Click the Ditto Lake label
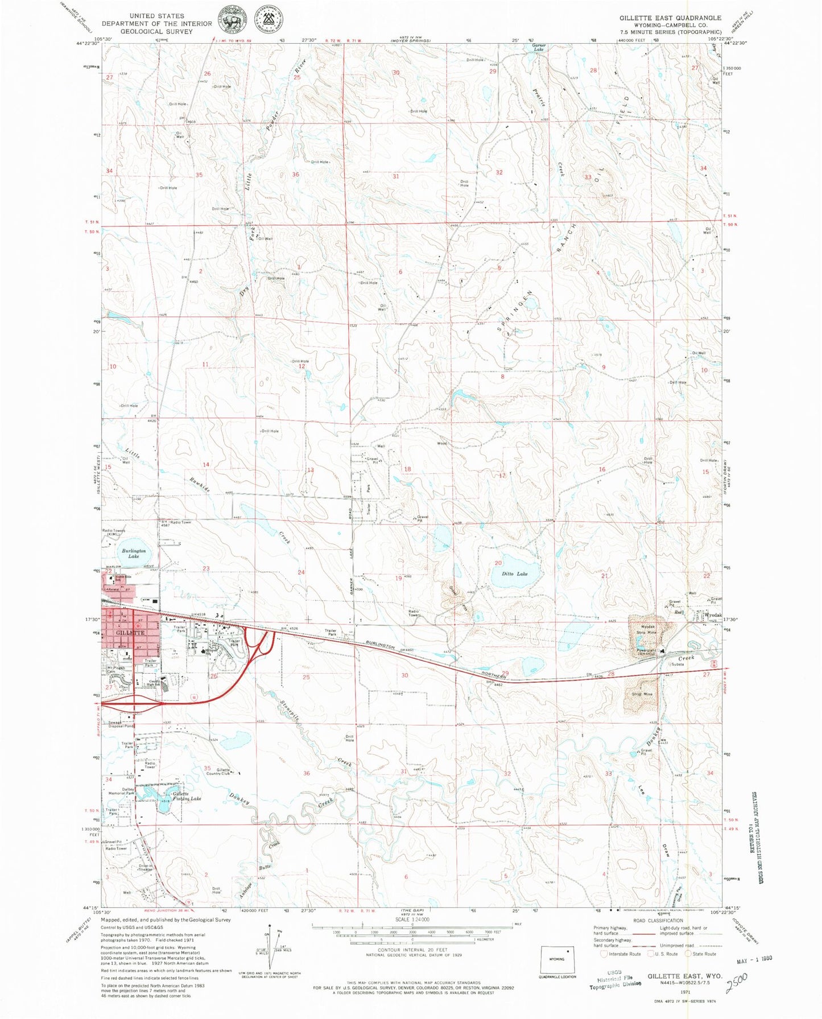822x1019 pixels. (x=514, y=574)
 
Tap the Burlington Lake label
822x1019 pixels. (x=134, y=553)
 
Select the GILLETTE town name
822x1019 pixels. (x=129, y=633)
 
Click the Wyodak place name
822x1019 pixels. (x=713, y=616)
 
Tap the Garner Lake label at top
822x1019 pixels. (x=539, y=47)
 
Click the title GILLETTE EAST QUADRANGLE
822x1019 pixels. (x=670, y=18)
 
